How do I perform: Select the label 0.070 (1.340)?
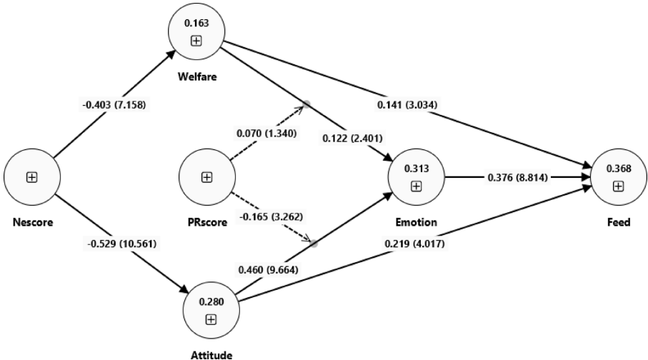pyautogui.click(x=266, y=133)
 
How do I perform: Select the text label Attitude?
pyautogui.click(x=211, y=352)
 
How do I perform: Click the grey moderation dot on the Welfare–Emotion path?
pyautogui.click(x=306, y=104)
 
